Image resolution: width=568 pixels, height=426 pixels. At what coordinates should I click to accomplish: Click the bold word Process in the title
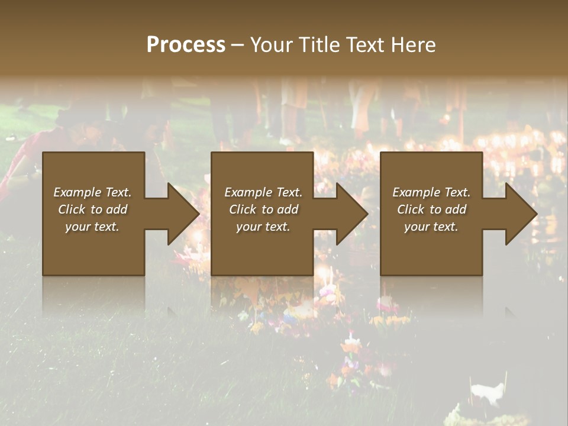186,44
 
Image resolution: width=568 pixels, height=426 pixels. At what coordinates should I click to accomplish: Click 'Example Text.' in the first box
92,192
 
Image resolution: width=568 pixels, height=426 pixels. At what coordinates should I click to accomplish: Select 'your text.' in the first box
92,227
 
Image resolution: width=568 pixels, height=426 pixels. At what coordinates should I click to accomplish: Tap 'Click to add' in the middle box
263,209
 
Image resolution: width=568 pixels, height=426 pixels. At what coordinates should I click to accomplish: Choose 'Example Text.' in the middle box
263,192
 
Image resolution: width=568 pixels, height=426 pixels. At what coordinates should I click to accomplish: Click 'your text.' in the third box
431,227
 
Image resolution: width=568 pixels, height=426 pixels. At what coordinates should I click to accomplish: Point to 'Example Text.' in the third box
431,192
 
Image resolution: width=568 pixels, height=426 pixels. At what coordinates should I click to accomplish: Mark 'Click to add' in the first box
92,209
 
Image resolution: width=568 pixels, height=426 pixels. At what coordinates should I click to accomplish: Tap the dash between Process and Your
237,45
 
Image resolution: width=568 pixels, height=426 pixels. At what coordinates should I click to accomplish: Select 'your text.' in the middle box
263,227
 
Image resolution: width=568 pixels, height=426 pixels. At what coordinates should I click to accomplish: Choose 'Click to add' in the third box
431,209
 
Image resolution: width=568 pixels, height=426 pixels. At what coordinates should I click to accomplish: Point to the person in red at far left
24,160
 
